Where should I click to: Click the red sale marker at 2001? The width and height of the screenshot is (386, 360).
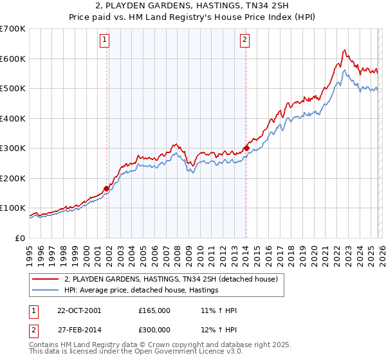click(107, 188)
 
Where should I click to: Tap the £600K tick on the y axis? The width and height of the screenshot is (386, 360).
click(13, 59)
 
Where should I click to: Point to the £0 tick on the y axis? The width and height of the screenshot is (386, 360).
click(21, 238)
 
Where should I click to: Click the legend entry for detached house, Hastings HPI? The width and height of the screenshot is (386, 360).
click(142, 291)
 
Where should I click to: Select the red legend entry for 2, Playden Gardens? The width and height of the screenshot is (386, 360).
click(170, 279)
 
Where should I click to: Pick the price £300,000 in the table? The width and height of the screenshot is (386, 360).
click(154, 330)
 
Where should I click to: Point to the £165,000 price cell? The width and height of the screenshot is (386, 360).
click(154, 310)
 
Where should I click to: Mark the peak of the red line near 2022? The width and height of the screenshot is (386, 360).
click(345, 50)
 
